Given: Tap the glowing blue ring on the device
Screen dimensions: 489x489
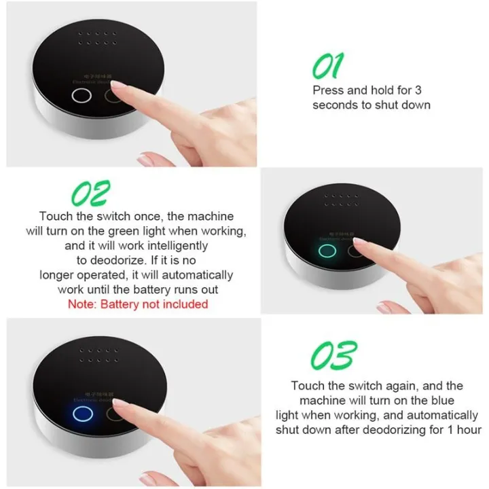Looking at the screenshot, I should pyautogui.click(x=84, y=414).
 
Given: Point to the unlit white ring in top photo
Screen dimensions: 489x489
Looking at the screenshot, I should pyautogui.click(x=81, y=96).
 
